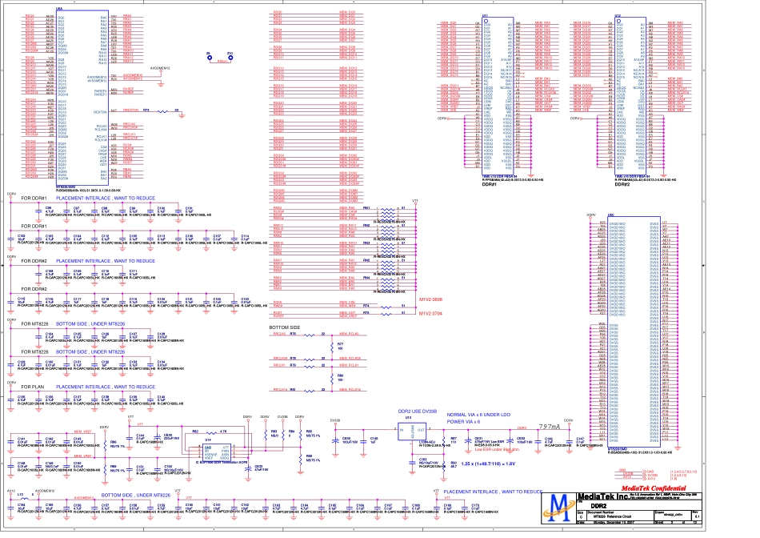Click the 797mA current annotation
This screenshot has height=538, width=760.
(x=550, y=426)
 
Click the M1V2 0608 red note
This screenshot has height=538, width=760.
(x=431, y=297)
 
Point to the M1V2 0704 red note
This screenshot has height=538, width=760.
(x=431, y=315)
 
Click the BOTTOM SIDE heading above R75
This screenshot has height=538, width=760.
(x=285, y=328)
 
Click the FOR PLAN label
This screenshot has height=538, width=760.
(x=32, y=386)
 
